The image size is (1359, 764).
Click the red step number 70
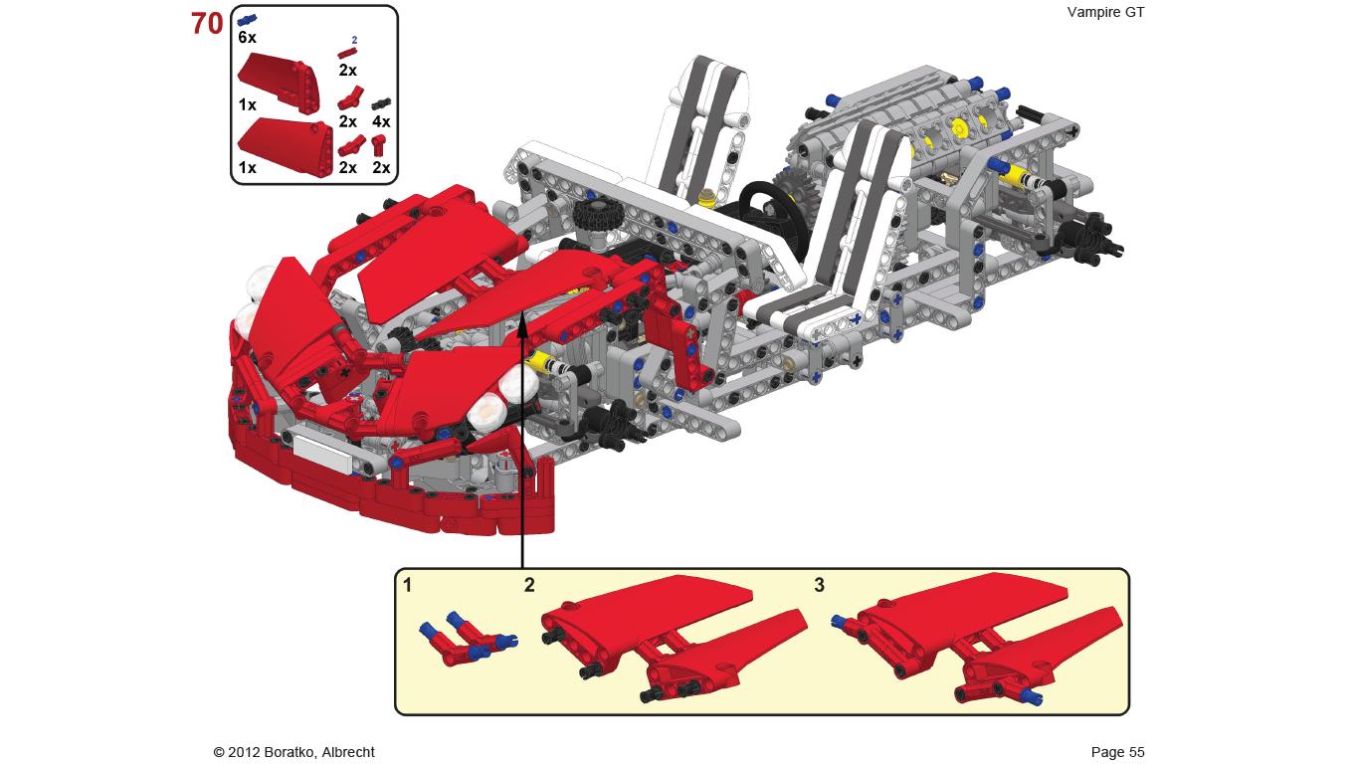pos(208,24)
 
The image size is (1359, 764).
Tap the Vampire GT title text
pos(1105,12)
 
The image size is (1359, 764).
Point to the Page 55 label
pos(1117,752)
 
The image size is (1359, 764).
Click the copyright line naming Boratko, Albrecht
pos(294,752)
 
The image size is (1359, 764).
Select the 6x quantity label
pos(247,38)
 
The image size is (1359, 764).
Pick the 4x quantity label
pos(381,122)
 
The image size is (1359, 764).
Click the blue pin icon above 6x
pos(247,21)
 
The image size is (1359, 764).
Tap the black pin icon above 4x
pos(381,103)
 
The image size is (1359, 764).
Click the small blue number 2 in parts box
pos(354,40)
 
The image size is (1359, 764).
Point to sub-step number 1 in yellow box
pos(407,585)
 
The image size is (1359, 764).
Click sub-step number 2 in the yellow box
pos(529,585)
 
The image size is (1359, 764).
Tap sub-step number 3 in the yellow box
pos(819,585)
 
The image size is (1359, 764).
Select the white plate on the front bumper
pos(322,450)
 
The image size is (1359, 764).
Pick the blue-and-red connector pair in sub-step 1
pos(468,638)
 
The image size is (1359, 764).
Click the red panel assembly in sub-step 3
pos(977,639)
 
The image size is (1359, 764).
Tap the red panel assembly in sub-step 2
pos(674,639)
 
